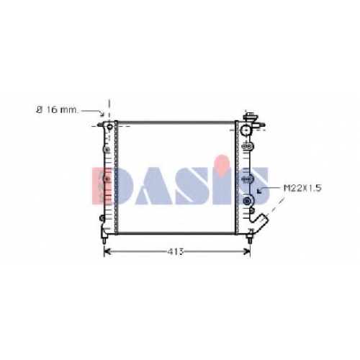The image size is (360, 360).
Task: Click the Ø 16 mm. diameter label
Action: tap(58, 110)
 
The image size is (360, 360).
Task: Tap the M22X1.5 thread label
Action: tap(302, 188)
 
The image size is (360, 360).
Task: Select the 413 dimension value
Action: tap(176, 251)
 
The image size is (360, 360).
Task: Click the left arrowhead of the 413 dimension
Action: tap(107, 251)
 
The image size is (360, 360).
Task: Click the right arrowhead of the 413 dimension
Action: tap(247, 251)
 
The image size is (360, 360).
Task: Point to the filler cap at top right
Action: tap(250, 117)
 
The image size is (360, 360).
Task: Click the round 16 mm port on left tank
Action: tap(109, 127)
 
